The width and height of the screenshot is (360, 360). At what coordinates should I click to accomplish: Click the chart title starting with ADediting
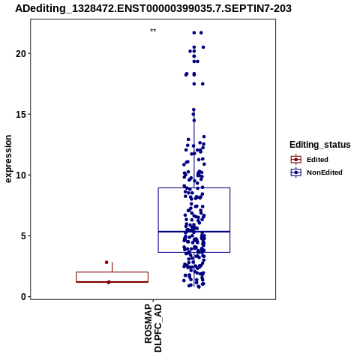click(153, 8)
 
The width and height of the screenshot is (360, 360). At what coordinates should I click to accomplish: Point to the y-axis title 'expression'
click(8, 159)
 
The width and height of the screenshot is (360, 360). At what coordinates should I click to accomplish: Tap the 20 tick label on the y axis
click(21, 53)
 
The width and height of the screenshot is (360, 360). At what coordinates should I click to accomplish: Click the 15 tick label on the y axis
click(21, 114)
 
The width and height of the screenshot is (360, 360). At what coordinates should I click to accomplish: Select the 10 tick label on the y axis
click(21, 175)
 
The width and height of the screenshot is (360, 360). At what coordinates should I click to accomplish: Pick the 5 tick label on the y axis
click(23, 235)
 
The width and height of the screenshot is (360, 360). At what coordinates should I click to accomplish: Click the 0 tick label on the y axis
click(23, 297)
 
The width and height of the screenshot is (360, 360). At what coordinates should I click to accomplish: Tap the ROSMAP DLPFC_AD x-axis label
click(153, 328)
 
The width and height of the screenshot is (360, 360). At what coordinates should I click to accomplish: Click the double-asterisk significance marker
click(153, 31)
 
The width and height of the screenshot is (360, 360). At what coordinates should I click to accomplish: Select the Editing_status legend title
click(319, 145)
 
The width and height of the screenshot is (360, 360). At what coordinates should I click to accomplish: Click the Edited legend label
click(317, 160)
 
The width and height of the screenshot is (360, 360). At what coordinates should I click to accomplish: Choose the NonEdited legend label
click(325, 172)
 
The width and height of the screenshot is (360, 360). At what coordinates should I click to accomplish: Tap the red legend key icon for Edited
click(296, 160)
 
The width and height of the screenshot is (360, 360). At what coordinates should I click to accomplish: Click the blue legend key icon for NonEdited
click(296, 172)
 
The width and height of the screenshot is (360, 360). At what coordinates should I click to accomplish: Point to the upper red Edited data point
click(106, 262)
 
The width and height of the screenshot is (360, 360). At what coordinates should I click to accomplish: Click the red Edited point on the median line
click(109, 282)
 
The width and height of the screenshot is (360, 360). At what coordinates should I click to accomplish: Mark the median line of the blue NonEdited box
click(194, 232)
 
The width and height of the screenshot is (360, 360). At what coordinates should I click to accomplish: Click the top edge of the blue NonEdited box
click(194, 187)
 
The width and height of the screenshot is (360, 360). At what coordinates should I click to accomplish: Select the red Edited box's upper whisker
click(112, 267)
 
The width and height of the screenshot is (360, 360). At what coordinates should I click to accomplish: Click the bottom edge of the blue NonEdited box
click(194, 252)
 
